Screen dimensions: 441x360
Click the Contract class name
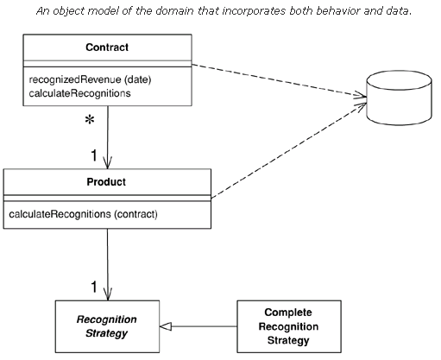(107, 47)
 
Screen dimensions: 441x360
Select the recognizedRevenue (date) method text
(90, 79)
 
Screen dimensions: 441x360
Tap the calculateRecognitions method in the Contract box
(79, 93)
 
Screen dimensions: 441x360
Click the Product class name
(106, 182)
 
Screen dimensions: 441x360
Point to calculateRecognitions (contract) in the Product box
(84, 214)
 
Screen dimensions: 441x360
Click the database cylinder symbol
(399, 98)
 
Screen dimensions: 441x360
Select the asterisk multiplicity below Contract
(90, 120)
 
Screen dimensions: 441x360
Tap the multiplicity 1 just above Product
(94, 155)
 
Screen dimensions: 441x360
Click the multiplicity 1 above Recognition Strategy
(94, 287)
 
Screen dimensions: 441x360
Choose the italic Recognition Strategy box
(107, 326)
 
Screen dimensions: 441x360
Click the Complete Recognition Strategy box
(289, 326)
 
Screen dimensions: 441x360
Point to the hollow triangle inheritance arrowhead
(166, 326)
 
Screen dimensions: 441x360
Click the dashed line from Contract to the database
(279, 81)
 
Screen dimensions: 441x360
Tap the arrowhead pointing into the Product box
(108, 163)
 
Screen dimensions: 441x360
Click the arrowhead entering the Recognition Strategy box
(108, 294)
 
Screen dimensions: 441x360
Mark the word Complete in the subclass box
(288, 313)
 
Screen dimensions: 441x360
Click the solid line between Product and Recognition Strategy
(108, 264)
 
